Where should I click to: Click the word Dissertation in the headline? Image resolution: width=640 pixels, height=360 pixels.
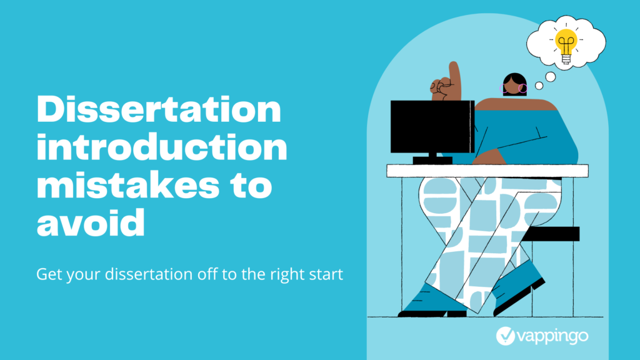click(159, 109)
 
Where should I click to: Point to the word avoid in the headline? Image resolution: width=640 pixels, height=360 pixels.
click(91, 222)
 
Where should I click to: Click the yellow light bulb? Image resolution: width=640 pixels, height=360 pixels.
click(566, 45)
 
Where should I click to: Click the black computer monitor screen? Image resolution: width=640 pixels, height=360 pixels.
click(432, 126)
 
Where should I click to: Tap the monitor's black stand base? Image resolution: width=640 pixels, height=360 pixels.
click(432, 161)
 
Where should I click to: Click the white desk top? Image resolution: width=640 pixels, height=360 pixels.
click(487, 171)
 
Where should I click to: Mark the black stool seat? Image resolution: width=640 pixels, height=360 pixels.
click(551, 234)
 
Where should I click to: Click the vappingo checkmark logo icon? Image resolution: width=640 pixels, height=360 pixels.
click(505, 336)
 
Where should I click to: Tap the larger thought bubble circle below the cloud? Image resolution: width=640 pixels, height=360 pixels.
click(551, 77)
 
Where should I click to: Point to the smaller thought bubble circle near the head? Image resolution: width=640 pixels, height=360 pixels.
click(539, 86)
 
